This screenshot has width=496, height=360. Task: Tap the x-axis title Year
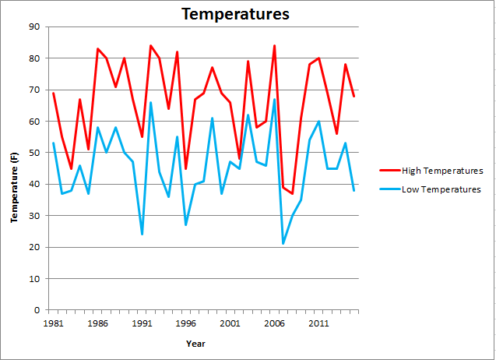tap(196, 343)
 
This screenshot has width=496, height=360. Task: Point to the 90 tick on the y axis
tap(34, 27)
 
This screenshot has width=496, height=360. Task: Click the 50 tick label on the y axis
tap(34, 153)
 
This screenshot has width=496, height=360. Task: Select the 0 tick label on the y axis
tap(37, 310)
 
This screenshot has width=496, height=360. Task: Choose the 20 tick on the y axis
tap(34, 247)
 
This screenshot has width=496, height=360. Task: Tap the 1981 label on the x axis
tap(53, 322)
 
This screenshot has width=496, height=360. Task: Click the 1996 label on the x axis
tap(185, 322)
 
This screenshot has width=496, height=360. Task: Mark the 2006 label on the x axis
tap(274, 322)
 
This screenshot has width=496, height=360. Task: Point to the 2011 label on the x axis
tap(318, 322)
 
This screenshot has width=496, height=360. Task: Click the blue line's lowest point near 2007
tap(283, 244)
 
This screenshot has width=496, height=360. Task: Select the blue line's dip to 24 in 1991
tap(142, 235)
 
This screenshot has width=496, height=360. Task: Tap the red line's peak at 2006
tap(274, 46)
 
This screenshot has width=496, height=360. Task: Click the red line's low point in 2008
tap(292, 193)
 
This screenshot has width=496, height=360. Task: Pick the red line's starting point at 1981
tap(53, 94)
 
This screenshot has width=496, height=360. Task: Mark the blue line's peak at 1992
tap(150, 102)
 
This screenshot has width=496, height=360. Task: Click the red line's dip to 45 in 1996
tap(186, 168)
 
